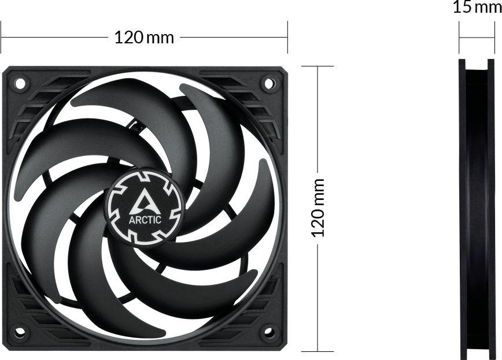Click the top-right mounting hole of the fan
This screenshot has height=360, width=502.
tap(269, 83)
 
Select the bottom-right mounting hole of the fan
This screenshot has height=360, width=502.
tap(269, 332)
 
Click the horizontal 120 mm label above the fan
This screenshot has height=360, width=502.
tap(144, 38)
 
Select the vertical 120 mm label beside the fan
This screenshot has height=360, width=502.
tap(318, 207)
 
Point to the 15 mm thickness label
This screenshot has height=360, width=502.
tap(477, 8)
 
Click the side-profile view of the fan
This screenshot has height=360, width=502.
tap(477, 208)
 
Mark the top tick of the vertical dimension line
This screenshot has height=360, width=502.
tap(318, 66)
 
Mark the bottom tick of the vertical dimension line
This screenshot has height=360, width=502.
tap(318, 351)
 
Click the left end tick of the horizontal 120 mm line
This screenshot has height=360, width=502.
tap(1, 38)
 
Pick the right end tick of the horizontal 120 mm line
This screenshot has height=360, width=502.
tap(287, 38)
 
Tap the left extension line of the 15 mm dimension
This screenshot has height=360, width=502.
tap(460, 38)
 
